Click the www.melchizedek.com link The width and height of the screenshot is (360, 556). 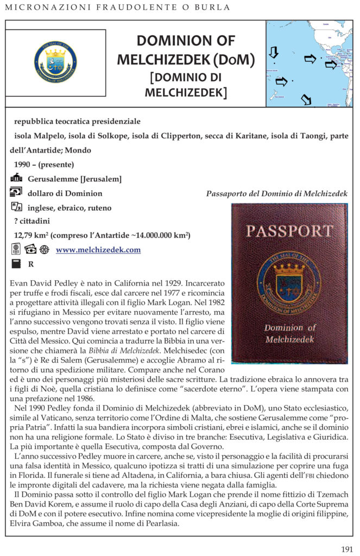(98, 250)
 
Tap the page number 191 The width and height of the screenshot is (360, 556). (347, 549)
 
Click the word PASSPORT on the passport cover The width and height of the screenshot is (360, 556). (289, 231)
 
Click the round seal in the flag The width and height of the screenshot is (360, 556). (55, 60)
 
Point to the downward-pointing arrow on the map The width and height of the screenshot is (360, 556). (274, 52)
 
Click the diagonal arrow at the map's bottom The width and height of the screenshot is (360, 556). (306, 99)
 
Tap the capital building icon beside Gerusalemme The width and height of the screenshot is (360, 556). (16, 179)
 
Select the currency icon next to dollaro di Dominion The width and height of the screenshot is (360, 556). (16, 192)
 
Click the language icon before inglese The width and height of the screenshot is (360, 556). (16, 207)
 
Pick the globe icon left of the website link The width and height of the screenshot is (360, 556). (44, 250)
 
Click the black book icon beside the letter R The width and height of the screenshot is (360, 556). (16, 264)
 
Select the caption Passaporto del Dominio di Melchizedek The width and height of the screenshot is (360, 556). (277, 194)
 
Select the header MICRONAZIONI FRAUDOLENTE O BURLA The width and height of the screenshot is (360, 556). (117, 8)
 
